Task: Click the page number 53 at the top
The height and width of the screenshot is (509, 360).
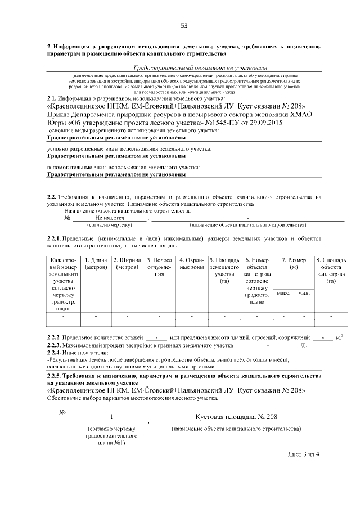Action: [183, 25]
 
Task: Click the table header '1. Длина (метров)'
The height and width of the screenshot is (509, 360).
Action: [96, 264]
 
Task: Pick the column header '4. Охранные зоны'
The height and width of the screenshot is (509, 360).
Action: [192, 264]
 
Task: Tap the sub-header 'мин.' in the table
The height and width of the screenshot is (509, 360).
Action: [304, 294]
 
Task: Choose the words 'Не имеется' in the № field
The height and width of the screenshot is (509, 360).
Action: [109, 218]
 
